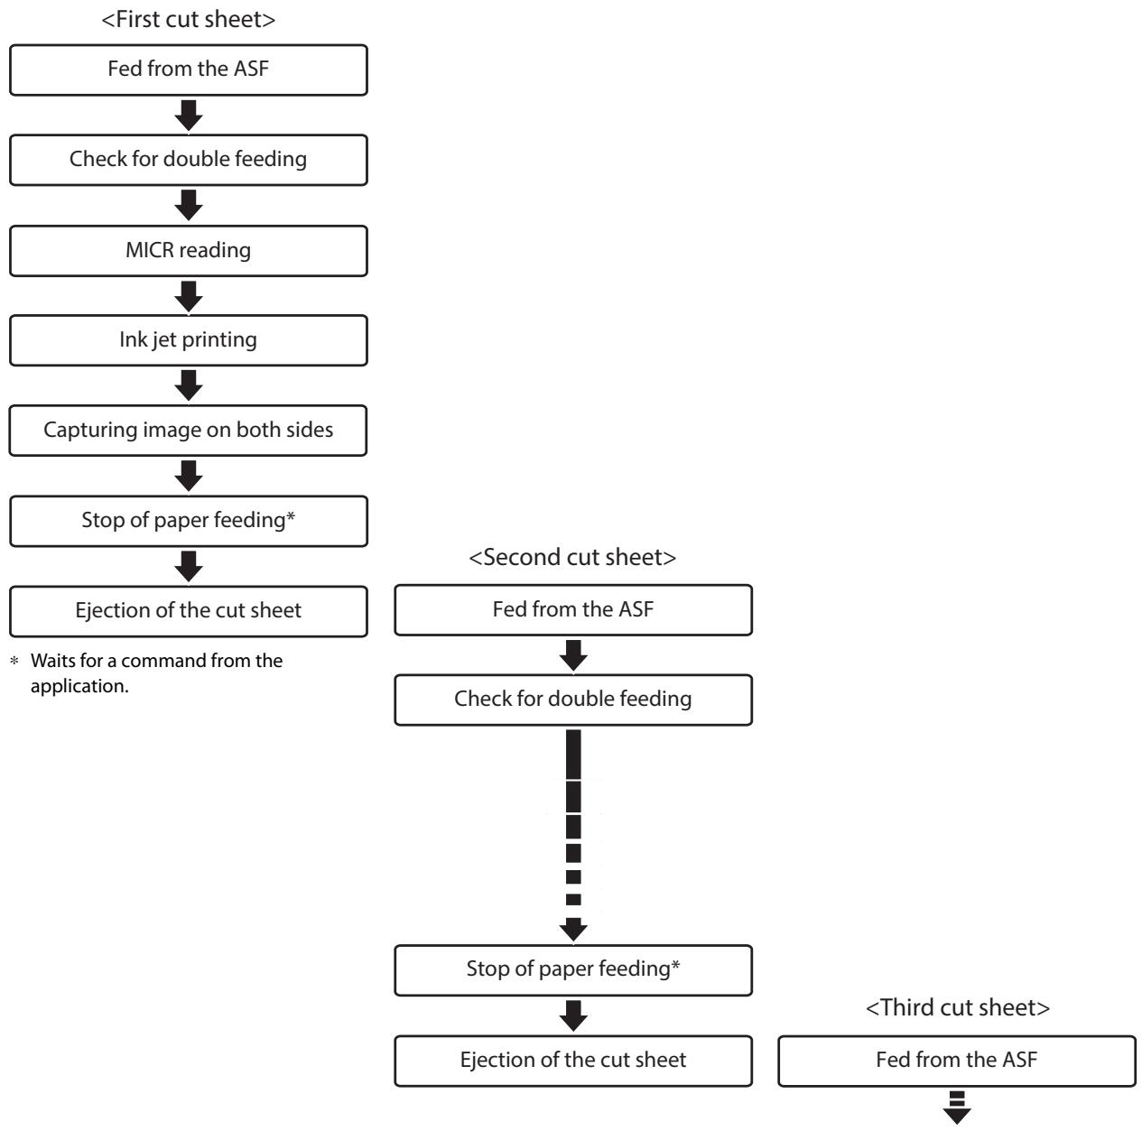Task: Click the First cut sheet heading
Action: (x=189, y=20)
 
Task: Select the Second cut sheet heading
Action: (x=572, y=557)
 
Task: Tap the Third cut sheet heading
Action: (x=958, y=1007)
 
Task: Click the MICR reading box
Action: (x=189, y=251)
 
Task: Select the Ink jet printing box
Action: (x=189, y=340)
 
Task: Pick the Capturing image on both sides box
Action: (x=188, y=431)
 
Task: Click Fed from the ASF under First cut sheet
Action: (x=189, y=70)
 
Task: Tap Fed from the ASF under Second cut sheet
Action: (x=573, y=610)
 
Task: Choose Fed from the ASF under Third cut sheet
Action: (x=957, y=1061)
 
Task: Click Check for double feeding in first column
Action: (x=189, y=160)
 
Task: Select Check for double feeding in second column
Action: (x=573, y=700)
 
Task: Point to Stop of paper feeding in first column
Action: (x=189, y=521)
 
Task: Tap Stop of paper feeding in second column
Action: (x=573, y=970)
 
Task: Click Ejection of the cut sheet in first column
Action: (x=189, y=612)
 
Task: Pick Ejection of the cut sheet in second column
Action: (x=573, y=1061)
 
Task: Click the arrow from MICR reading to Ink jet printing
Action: (x=189, y=296)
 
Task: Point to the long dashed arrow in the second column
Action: (x=573, y=835)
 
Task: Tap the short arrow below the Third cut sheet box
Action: (x=957, y=1108)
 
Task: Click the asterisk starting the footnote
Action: (x=14, y=661)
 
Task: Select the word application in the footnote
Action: (x=79, y=686)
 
